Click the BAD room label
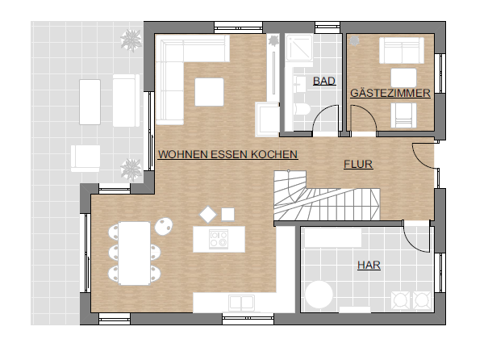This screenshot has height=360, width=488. click(324, 81)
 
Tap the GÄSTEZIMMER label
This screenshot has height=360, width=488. click(390, 93)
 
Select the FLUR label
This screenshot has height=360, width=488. click(358, 164)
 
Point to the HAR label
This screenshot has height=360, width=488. click(369, 265)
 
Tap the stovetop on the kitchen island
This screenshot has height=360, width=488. click(219, 239)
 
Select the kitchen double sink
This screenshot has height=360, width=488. click(241, 303)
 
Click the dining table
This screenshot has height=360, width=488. click(134, 253)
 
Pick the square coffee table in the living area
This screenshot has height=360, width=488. click(209, 92)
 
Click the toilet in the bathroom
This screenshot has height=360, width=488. click(302, 109)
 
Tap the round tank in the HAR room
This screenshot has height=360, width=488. click(319, 295)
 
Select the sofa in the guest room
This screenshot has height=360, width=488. click(402, 51)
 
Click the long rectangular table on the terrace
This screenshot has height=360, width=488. click(90, 102)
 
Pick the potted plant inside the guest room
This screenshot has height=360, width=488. click(353, 40)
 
